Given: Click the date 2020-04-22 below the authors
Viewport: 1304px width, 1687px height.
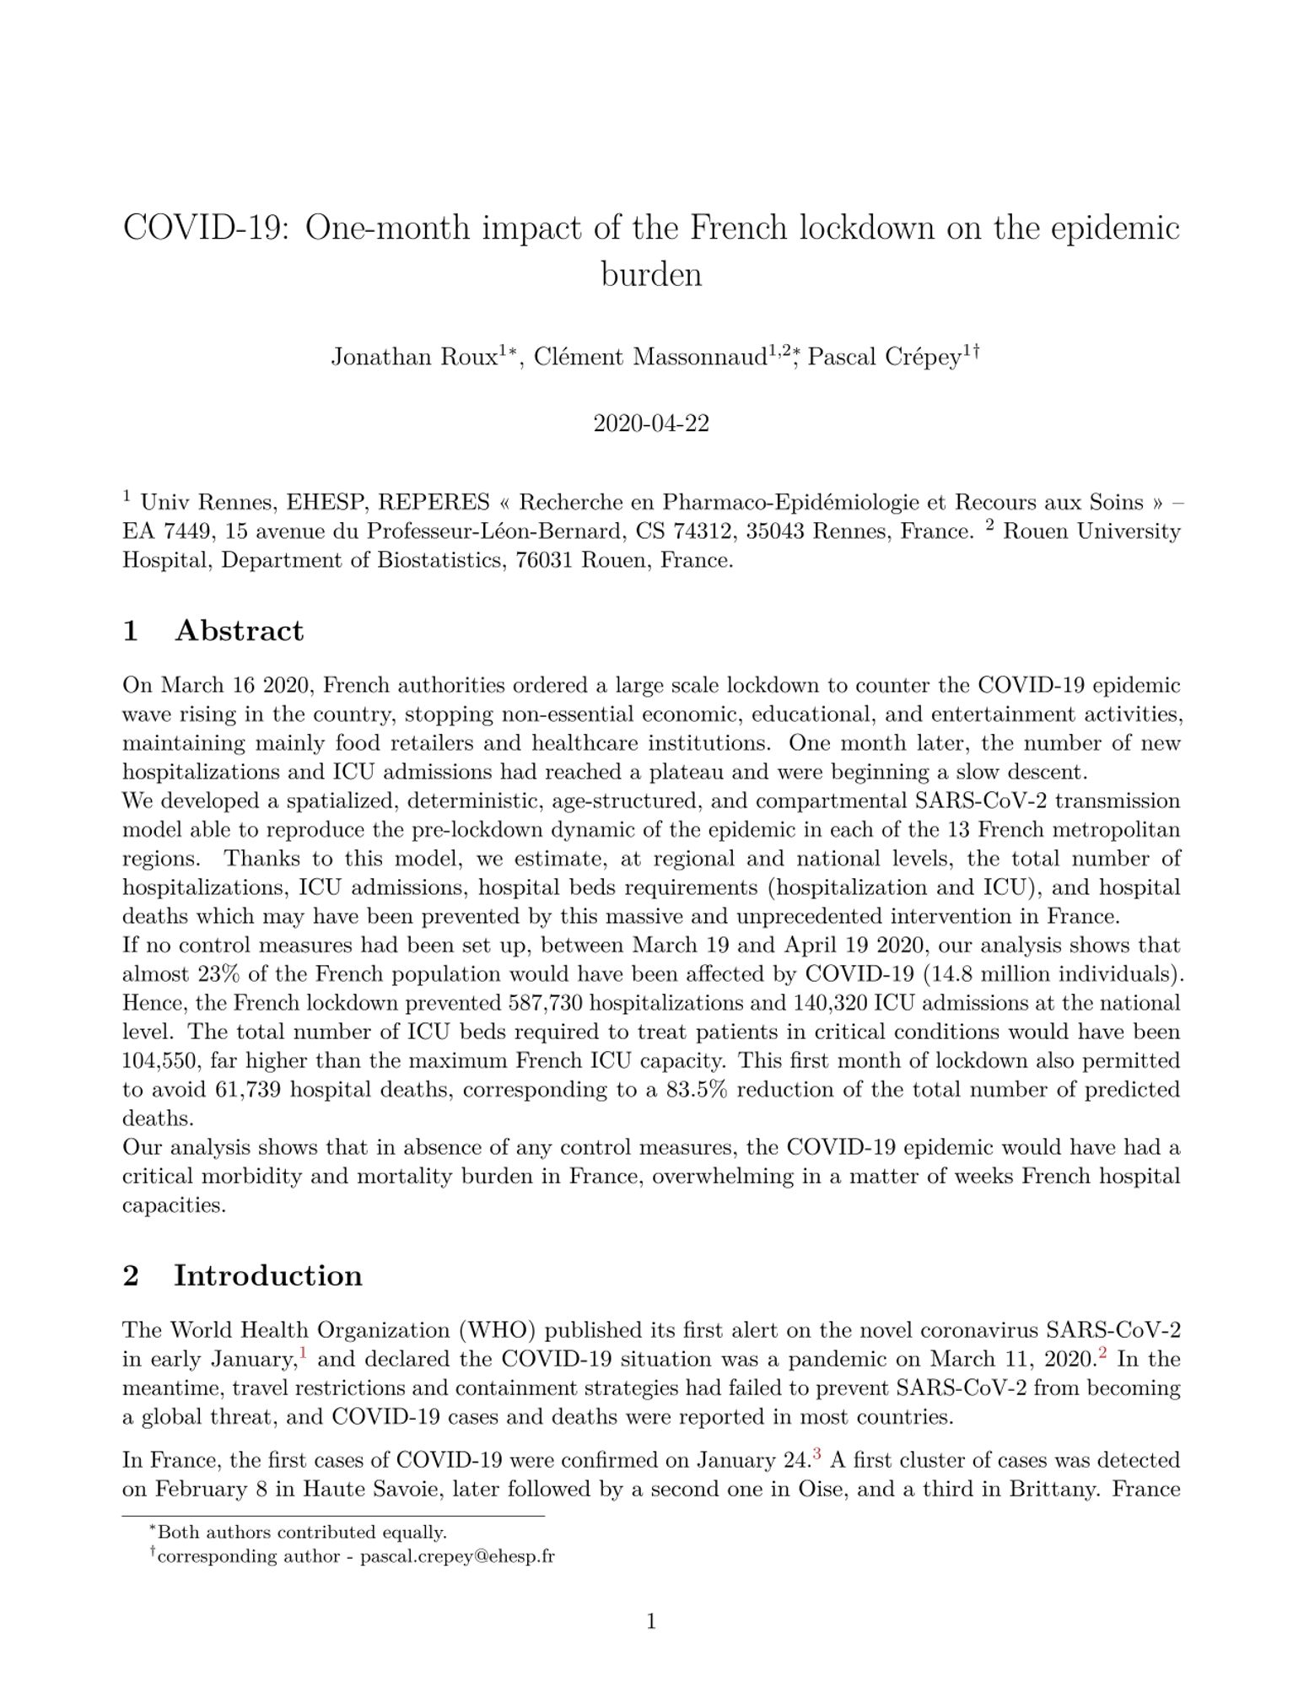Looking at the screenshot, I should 651,423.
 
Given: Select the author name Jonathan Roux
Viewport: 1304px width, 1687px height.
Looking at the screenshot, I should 413,358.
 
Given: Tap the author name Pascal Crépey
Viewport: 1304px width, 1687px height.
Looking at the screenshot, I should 884,358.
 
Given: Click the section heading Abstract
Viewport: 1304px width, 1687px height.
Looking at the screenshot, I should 239,631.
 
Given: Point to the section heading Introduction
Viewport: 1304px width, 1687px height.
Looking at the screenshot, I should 267,1275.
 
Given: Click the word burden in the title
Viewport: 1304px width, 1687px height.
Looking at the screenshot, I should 651,274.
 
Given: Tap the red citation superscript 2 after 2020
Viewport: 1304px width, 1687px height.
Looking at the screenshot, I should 1101,1355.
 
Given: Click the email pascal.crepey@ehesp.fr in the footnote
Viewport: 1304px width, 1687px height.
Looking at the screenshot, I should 457,1556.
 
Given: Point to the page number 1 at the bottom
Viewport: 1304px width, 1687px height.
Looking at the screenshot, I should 651,1621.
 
